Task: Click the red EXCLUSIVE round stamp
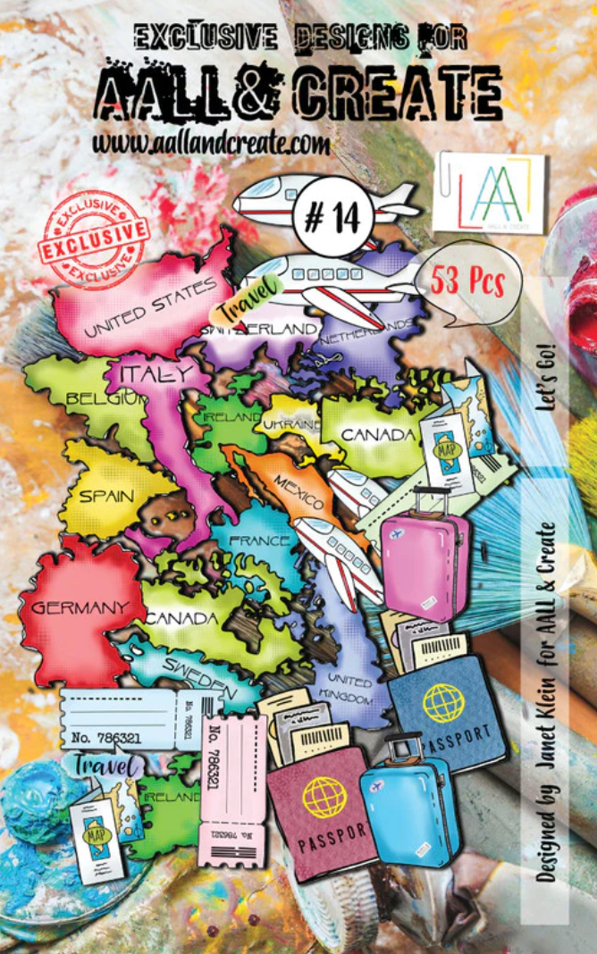click(x=97, y=237)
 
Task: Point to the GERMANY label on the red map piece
click(x=80, y=607)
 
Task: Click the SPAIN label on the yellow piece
click(x=106, y=497)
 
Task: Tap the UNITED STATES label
click(x=150, y=308)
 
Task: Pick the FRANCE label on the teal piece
click(x=259, y=540)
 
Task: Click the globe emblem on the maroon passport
click(x=323, y=797)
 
